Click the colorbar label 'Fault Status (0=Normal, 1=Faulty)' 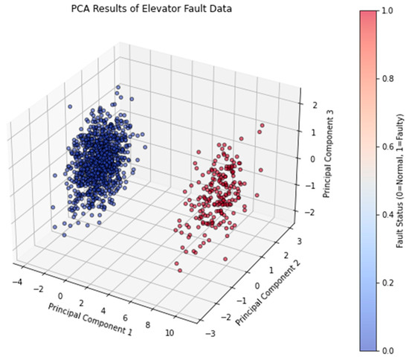399,179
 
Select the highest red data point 262,124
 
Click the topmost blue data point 117,88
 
